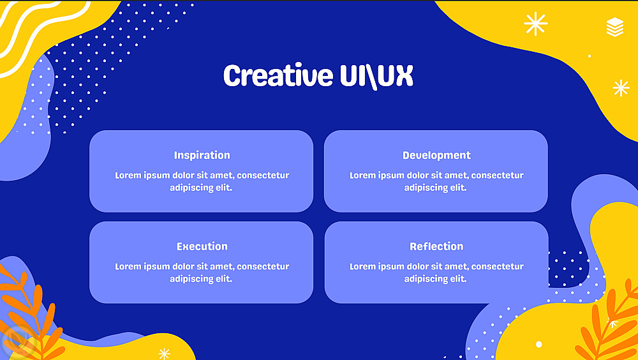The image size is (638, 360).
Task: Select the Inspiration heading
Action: point(202,155)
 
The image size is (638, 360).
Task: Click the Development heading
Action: point(436,155)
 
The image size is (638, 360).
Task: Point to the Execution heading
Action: point(202,246)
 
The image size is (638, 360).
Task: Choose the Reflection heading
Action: point(436,246)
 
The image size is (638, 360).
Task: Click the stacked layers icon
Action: point(615,27)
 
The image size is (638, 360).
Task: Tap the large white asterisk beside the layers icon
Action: point(535,24)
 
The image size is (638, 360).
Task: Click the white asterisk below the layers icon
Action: point(621,88)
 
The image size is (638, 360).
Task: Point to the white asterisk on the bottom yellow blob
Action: point(164,354)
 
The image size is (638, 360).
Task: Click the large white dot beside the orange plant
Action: point(538,344)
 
